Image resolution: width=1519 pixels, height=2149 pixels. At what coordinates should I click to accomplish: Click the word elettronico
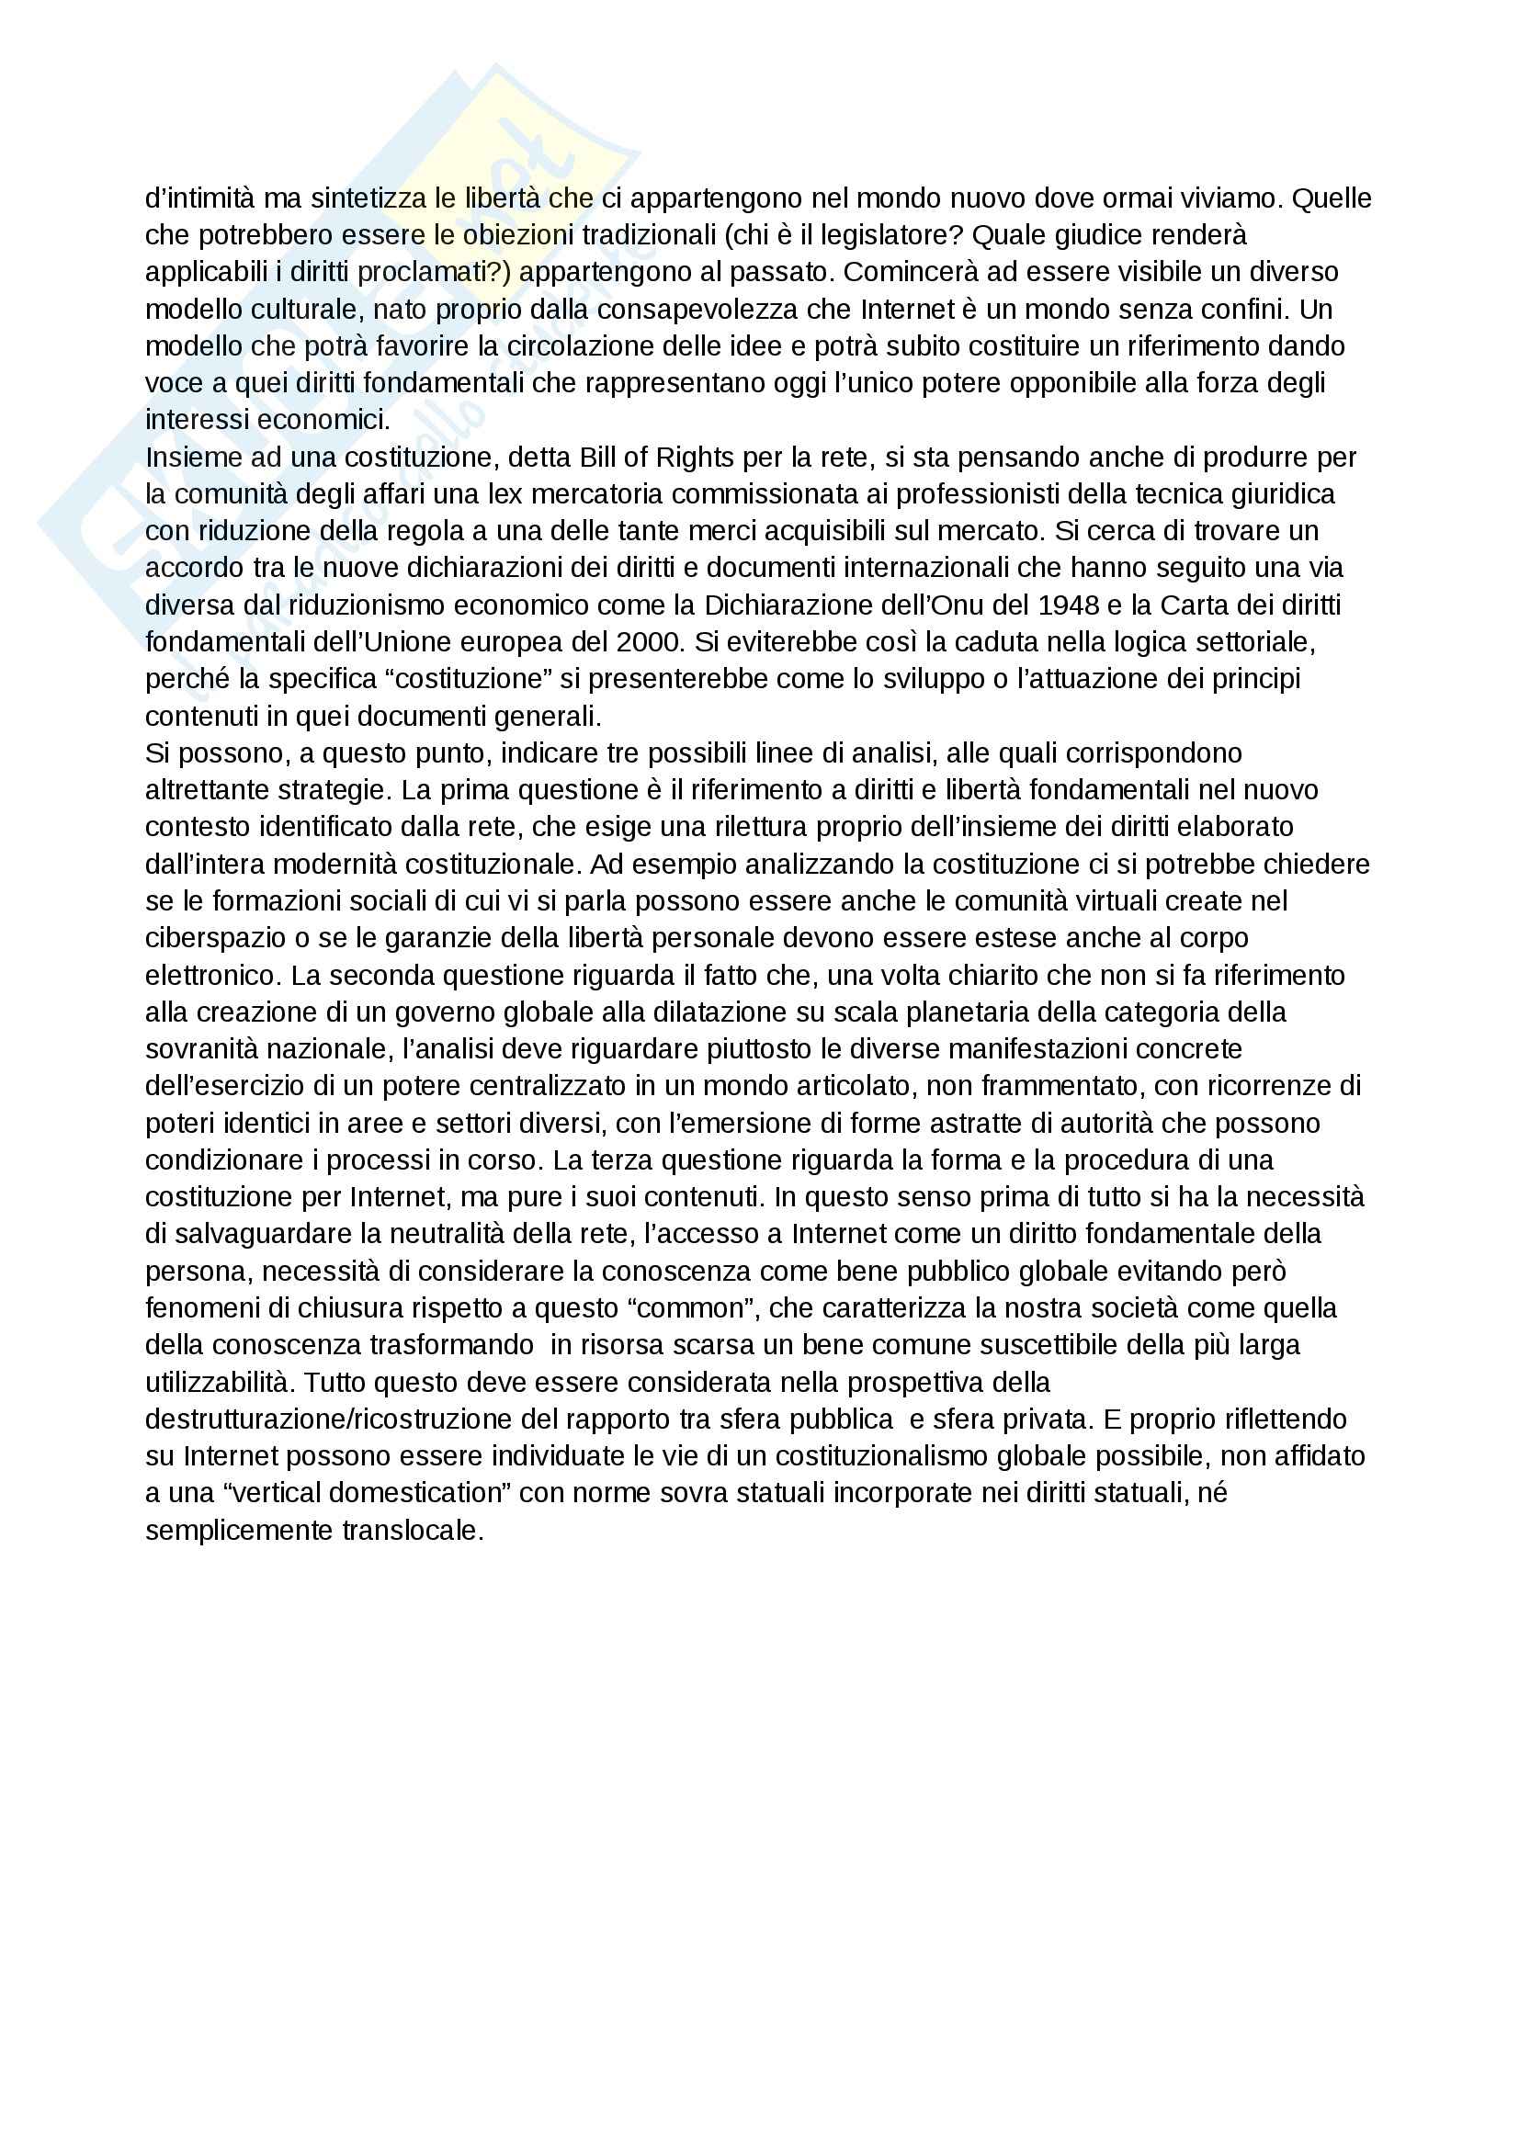(212, 976)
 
